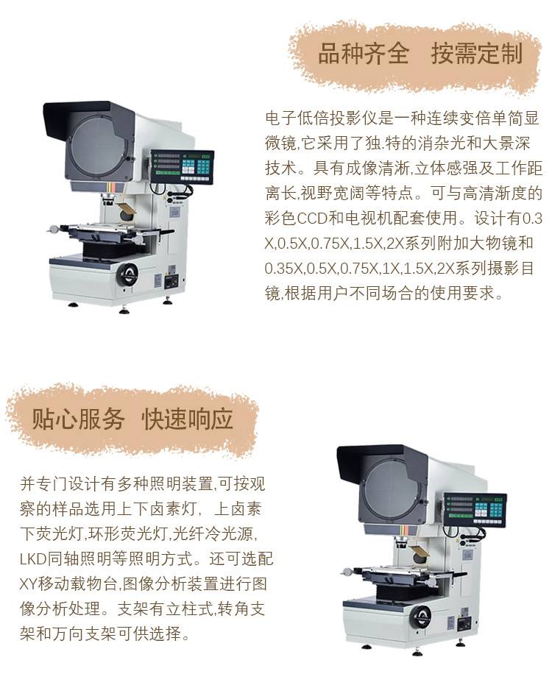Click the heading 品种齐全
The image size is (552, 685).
[x=363, y=54]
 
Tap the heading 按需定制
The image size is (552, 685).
[x=477, y=54]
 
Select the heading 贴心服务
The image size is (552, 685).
[x=78, y=419]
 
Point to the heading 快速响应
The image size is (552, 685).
[x=188, y=419]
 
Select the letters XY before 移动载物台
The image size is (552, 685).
[x=29, y=583]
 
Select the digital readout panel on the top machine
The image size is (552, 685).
[x=182, y=166]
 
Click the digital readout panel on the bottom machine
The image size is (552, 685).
[x=475, y=509]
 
